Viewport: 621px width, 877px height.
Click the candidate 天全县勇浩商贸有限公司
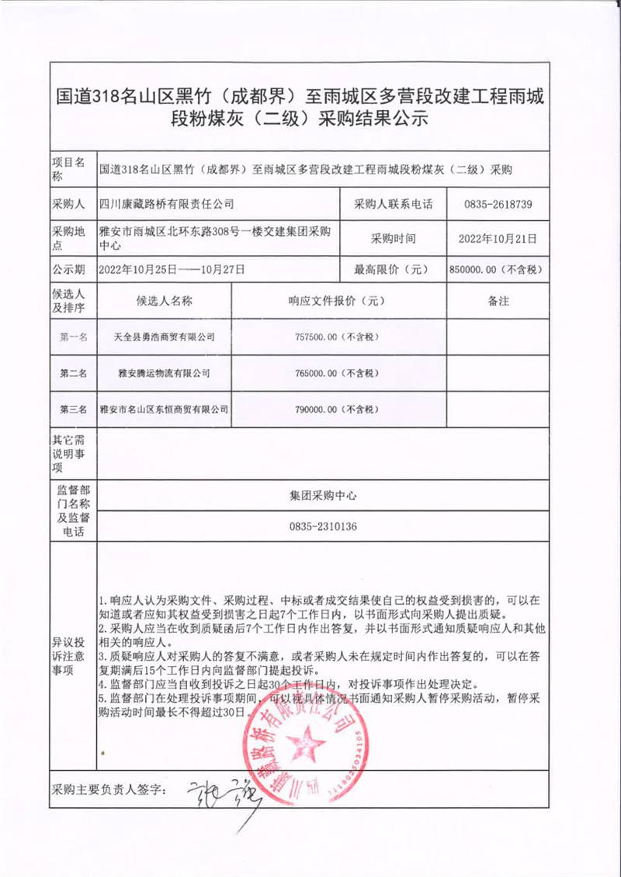[x=164, y=337]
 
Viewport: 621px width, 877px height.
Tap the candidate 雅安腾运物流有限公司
[x=164, y=373]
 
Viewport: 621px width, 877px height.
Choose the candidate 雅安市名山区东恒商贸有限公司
[x=164, y=409]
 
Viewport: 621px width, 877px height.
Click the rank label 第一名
[x=74, y=337]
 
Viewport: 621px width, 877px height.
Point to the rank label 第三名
[x=74, y=409]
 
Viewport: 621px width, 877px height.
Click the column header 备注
[x=498, y=302]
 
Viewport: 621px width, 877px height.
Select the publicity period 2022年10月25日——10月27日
[x=172, y=270]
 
